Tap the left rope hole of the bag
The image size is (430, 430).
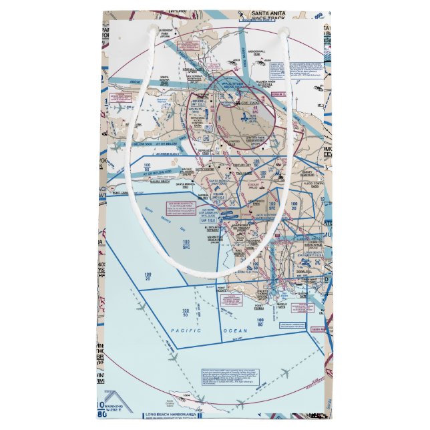[152, 30]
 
